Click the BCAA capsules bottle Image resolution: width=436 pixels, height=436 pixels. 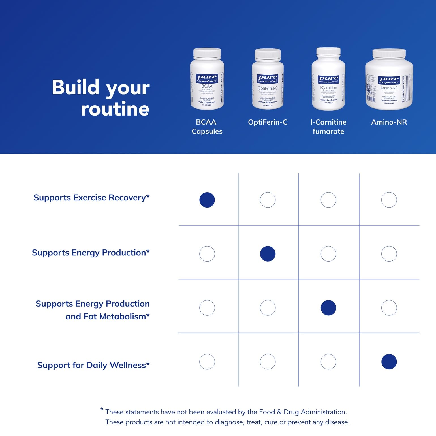[207, 79]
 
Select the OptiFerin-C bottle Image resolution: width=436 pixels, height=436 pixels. [268, 79]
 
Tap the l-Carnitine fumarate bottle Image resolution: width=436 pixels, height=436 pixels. [328, 79]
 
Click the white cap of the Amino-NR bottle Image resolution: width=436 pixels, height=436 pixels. [389, 54]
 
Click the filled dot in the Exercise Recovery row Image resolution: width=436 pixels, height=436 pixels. [207, 200]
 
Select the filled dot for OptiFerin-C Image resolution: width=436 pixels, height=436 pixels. [268, 254]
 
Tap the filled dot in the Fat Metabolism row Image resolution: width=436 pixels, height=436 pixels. [328, 308]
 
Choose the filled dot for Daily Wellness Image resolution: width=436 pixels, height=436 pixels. [389, 362]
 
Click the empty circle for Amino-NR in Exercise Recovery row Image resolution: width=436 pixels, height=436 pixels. [389, 200]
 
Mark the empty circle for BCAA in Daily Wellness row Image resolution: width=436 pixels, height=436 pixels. [207, 362]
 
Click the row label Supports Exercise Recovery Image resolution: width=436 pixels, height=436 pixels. [91, 198]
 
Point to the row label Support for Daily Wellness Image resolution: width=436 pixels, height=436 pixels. [93, 365]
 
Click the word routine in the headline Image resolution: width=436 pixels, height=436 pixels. [115, 109]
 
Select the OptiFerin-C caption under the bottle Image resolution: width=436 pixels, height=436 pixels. [268, 122]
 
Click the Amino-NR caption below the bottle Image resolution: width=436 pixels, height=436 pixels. [389, 122]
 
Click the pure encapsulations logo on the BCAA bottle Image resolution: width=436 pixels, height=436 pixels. [207, 78]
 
